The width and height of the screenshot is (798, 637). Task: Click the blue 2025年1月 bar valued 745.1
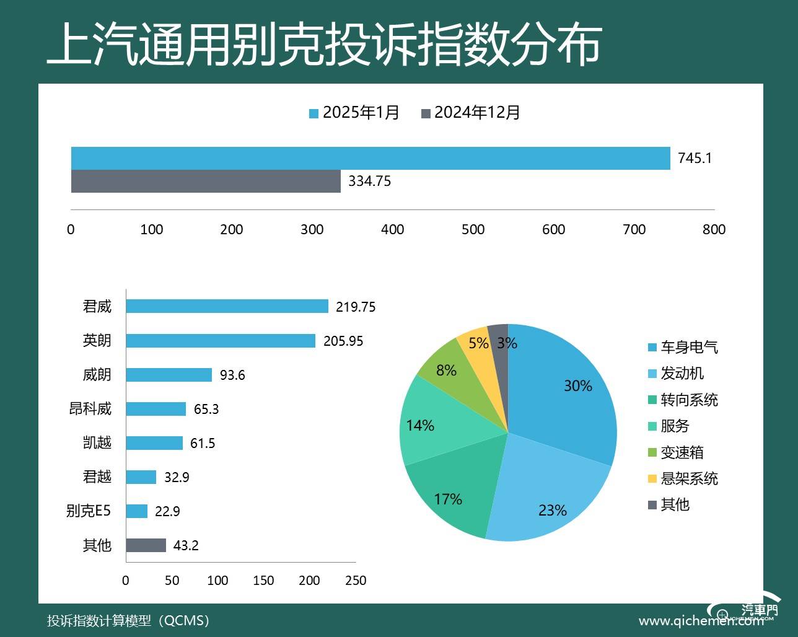click(370, 158)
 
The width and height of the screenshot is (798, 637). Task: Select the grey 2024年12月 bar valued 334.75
click(206, 181)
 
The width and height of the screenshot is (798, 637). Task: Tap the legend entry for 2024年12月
click(470, 113)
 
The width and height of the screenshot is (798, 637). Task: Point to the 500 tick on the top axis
click(473, 229)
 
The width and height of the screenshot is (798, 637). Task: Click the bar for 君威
click(227, 306)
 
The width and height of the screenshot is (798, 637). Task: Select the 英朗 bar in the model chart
click(221, 340)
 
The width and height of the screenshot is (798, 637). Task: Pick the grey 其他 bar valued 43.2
click(146, 545)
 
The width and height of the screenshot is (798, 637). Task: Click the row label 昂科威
click(90, 409)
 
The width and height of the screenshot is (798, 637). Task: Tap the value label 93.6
click(232, 375)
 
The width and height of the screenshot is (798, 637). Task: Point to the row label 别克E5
click(89, 511)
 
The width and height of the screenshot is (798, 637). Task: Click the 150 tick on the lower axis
click(263, 581)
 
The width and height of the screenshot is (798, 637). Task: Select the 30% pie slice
click(564, 390)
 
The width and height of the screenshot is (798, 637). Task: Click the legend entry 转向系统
click(683, 400)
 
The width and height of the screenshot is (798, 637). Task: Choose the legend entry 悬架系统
click(683, 478)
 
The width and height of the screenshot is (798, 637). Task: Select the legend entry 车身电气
click(683, 347)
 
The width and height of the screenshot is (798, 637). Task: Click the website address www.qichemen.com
click(700, 621)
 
